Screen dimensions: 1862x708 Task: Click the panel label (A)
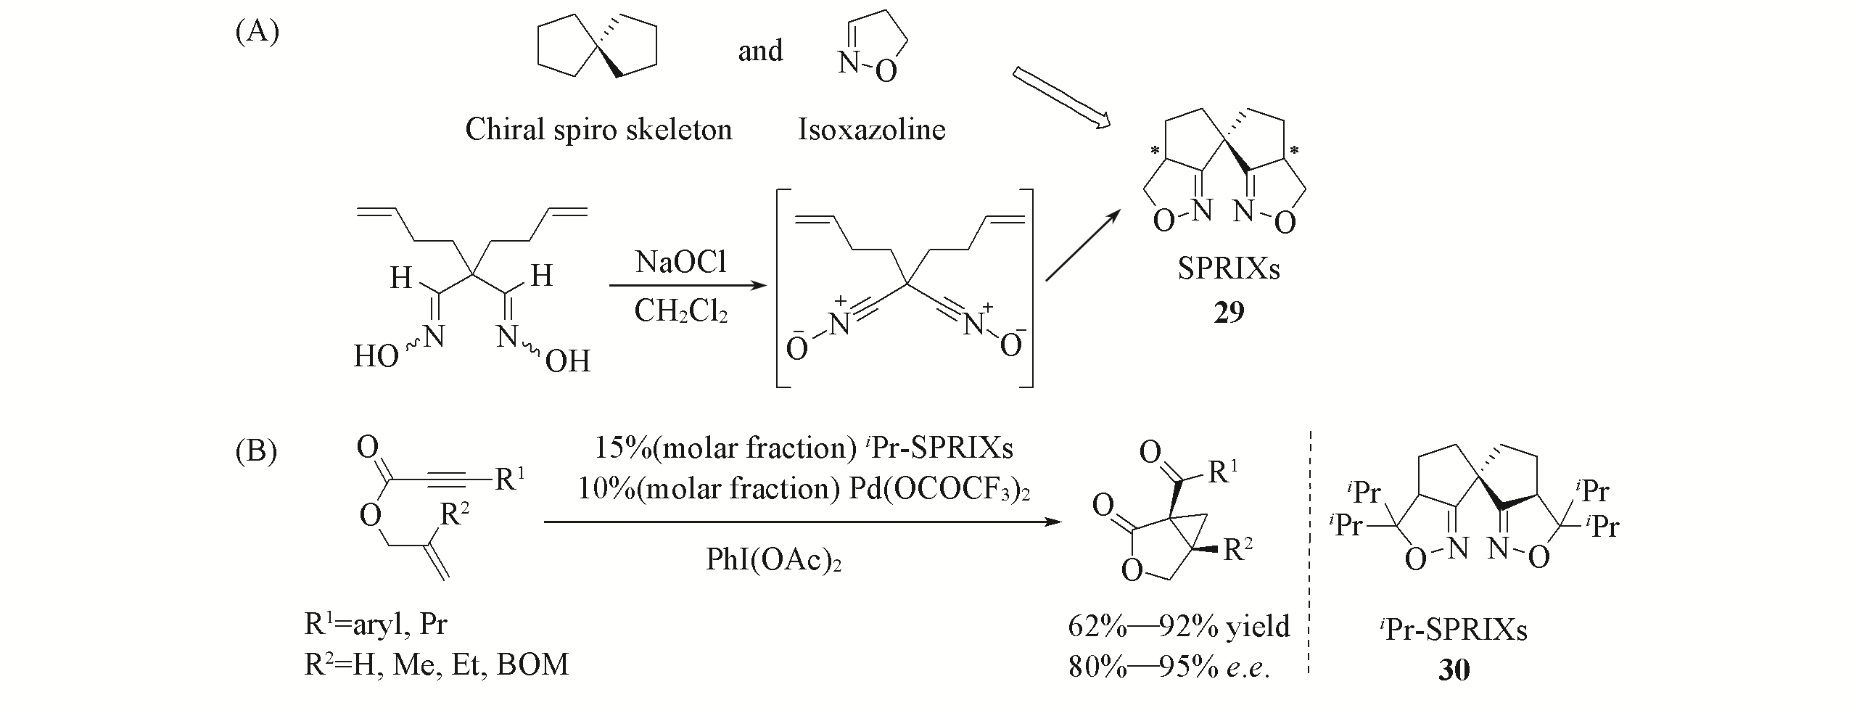[258, 33]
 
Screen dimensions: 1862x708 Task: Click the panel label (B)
[257, 451]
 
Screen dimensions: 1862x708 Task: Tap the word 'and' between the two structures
[760, 51]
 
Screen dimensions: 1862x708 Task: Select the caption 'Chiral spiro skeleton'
[598, 130]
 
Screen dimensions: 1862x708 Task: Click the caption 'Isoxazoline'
[871, 130]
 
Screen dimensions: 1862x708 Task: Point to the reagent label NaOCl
[681, 263]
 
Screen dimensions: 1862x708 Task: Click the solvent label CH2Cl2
[681, 311]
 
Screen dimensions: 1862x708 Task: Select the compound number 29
[1229, 312]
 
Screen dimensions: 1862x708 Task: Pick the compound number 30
[1454, 670]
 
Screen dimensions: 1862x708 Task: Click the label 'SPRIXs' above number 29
[1229, 269]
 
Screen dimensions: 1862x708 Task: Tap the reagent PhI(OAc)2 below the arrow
[773, 560]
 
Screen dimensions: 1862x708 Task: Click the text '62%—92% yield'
[1179, 625]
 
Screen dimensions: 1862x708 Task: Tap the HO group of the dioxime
[376, 356]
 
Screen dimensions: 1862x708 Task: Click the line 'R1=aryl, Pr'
[376, 624]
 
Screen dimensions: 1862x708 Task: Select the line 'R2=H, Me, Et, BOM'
[436, 664]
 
